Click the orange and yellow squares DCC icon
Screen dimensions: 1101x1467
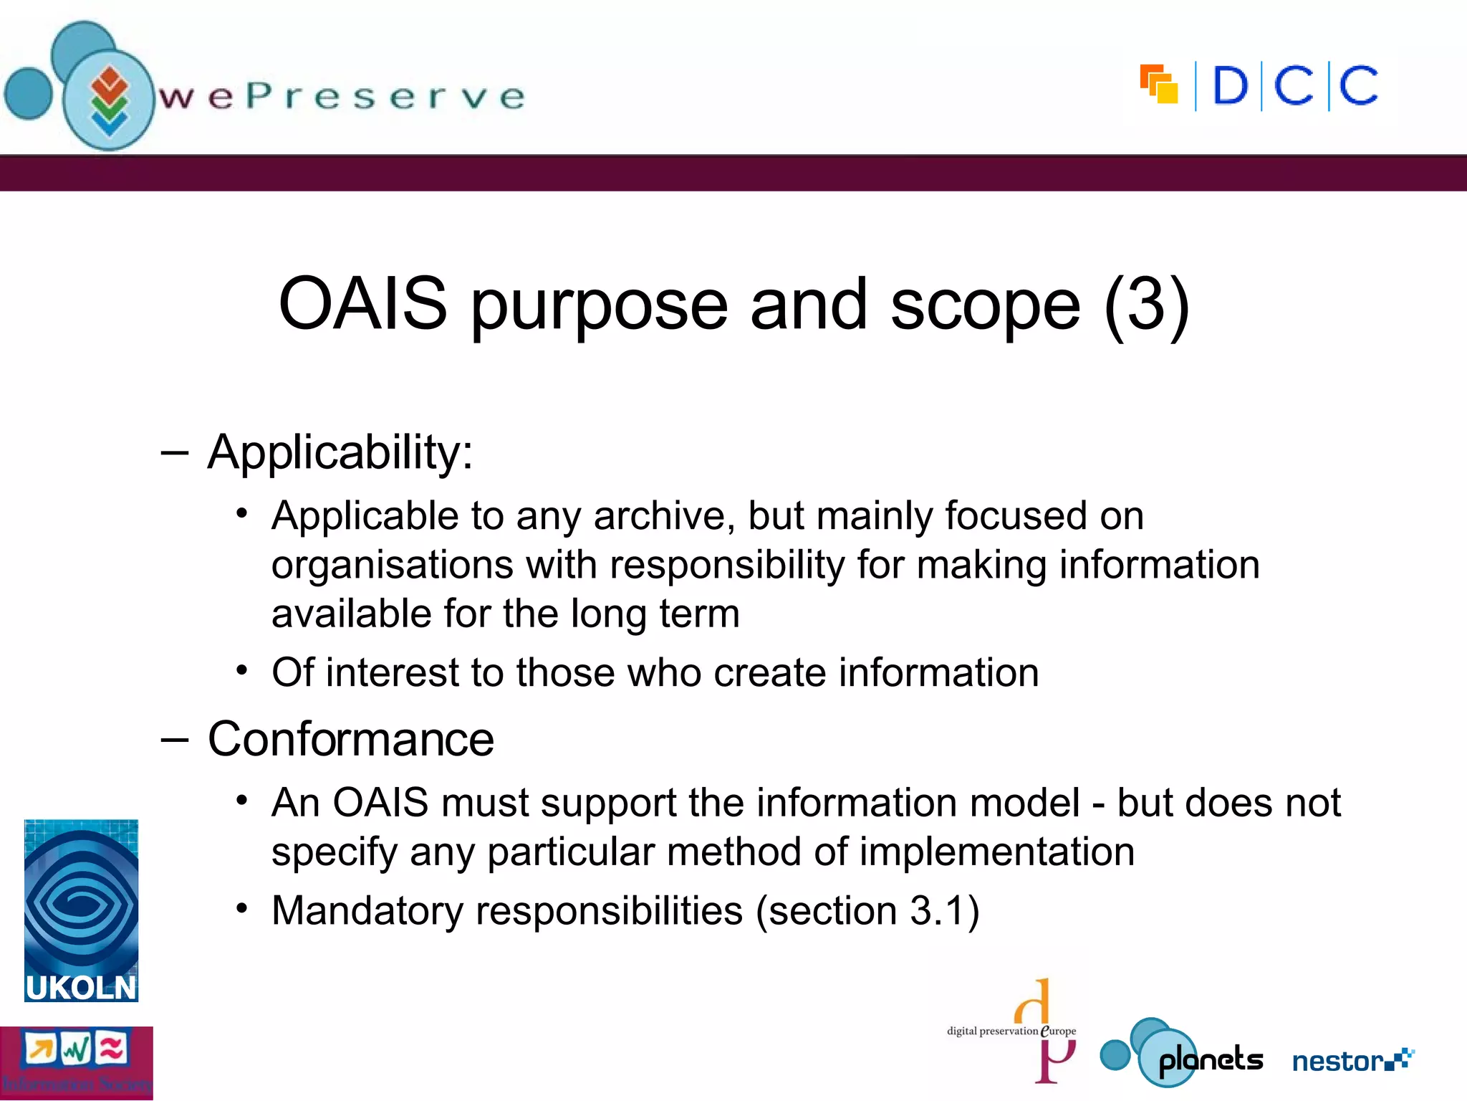click(x=1159, y=85)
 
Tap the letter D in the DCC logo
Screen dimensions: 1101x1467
click(x=1230, y=86)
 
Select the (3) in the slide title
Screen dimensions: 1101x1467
click(x=1147, y=304)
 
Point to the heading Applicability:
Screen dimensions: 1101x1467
click(x=340, y=453)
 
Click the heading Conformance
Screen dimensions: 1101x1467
click(x=350, y=739)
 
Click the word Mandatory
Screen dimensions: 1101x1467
click(x=367, y=912)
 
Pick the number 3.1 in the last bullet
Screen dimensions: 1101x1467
click(x=935, y=911)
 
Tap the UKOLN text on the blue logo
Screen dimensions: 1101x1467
click(x=80, y=988)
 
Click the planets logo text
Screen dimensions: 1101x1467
click(x=1211, y=1059)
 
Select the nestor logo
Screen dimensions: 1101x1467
click(x=1352, y=1060)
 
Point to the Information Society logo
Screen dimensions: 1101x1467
click(x=76, y=1063)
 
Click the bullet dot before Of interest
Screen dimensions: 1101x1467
click(x=242, y=671)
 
